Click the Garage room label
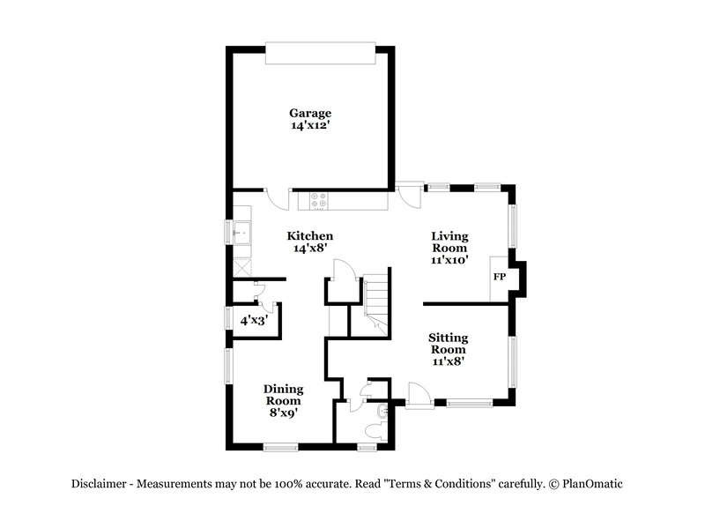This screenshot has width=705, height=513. (x=310, y=113)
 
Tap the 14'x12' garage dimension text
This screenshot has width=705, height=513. (x=310, y=126)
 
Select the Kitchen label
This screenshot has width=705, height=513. (x=310, y=236)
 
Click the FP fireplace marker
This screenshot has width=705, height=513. (x=499, y=277)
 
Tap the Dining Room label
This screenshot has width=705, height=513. (x=284, y=394)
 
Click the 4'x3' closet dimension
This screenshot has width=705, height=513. (x=254, y=321)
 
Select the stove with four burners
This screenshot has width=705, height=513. (x=318, y=201)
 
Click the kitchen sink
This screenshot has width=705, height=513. (x=241, y=234)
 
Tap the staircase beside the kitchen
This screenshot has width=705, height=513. (x=376, y=300)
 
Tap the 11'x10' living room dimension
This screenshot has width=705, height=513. (x=449, y=260)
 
